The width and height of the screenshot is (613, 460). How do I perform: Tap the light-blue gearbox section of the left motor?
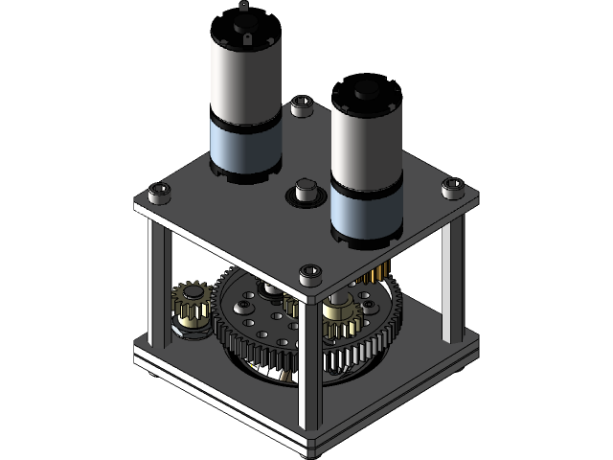pyautogui.click(x=246, y=149)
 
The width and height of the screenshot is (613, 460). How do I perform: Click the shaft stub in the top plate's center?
pyautogui.click(x=307, y=189)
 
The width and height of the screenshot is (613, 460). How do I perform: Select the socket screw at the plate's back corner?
pyautogui.click(x=303, y=103)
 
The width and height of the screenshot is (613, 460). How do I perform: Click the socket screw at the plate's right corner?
pyautogui.click(x=454, y=189)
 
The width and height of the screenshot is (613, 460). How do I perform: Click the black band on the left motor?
pyautogui.click(x=246, y=124)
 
